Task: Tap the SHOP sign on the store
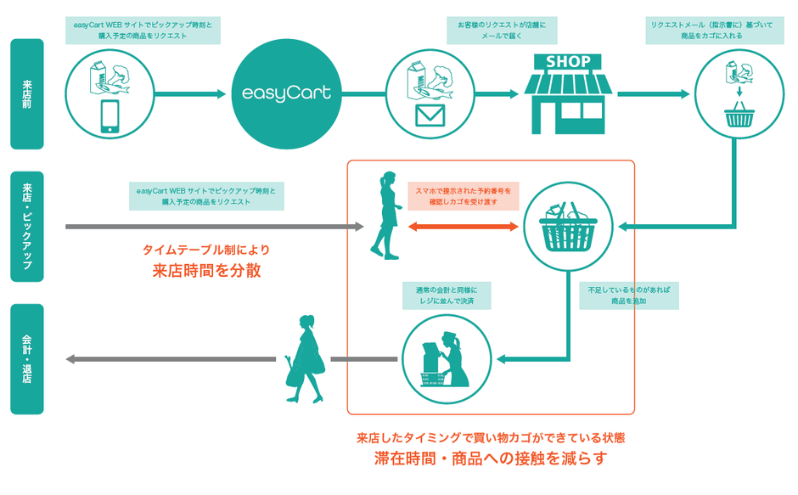[x=567, y=62]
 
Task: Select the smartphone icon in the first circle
[x=110, y=116]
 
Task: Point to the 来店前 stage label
[x=27, y=93]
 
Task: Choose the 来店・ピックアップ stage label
[x=27, y=227]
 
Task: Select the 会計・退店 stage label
[x=27, y=359]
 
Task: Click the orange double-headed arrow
[x=463, y=227]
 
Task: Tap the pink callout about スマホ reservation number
[x=463, y=196]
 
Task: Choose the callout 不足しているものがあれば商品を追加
[x=629, y=295]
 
